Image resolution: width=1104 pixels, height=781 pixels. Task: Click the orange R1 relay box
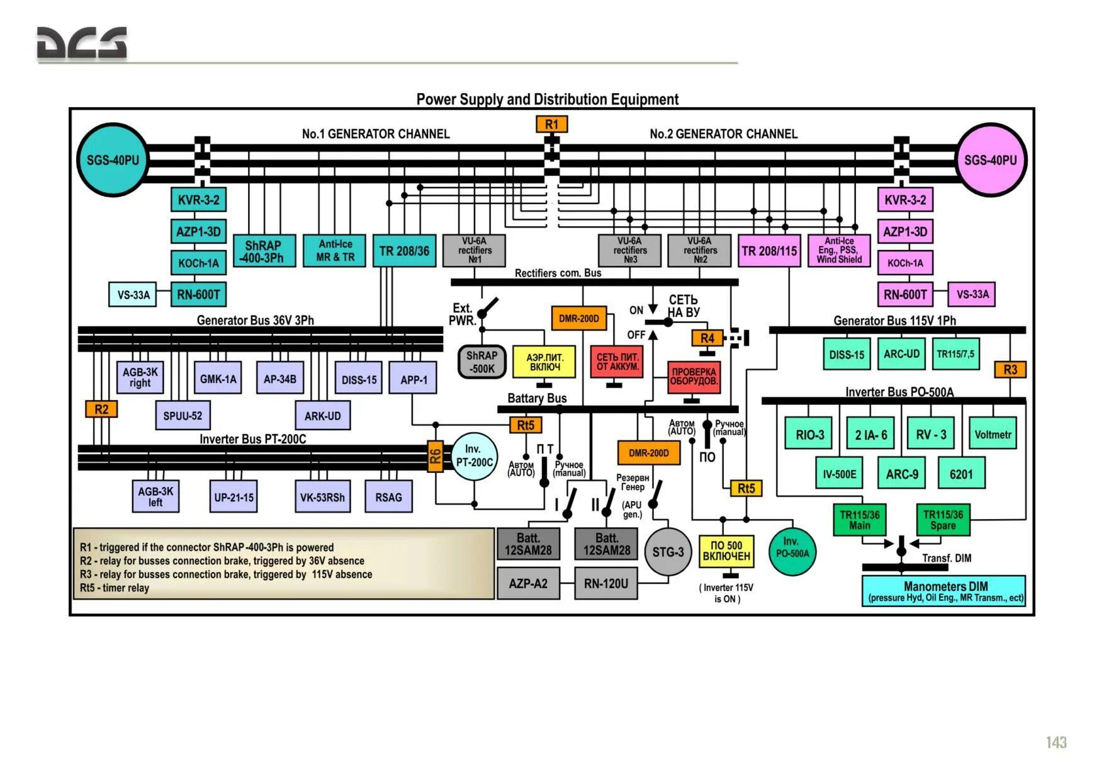551,124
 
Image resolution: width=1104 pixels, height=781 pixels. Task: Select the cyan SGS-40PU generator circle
113,160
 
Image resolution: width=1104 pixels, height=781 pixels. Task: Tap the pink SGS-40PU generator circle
990,160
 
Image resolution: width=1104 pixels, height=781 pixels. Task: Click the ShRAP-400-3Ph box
264,251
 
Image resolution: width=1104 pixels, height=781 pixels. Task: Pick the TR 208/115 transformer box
769,251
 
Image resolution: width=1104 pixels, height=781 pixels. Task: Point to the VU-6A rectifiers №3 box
629,251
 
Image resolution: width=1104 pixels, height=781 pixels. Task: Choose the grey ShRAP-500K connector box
482,362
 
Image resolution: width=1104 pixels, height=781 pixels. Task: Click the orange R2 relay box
101,409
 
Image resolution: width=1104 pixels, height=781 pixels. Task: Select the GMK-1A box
218,379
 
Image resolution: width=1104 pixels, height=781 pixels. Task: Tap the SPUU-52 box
183,416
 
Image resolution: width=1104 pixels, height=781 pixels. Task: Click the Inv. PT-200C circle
474,456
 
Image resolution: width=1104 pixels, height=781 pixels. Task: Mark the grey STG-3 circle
668,552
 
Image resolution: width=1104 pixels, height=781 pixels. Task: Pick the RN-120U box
606,584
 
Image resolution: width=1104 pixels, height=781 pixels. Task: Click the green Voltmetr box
993,434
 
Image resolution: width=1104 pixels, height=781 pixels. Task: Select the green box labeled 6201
961,474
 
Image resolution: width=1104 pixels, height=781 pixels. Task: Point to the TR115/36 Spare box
942,520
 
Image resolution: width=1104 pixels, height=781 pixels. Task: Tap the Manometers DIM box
944,591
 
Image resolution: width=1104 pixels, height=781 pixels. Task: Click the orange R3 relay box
1010,370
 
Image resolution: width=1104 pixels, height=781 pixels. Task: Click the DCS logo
82,44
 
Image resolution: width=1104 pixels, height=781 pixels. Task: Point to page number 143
1056,743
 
